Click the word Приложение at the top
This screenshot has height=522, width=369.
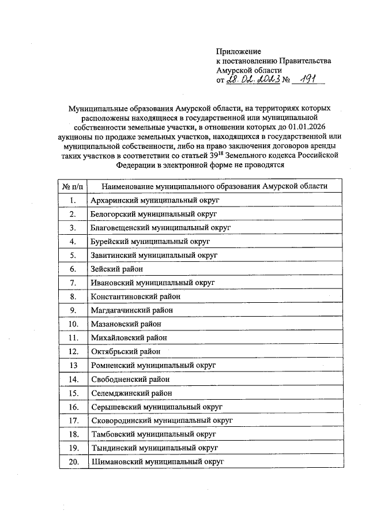point(239,52)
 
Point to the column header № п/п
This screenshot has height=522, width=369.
point(73,186)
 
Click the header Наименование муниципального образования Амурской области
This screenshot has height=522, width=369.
point(214,186)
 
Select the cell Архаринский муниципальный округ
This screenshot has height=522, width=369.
point(156,200)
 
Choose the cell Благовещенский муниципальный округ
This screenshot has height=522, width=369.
point(161,228)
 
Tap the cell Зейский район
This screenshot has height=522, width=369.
point(117,269)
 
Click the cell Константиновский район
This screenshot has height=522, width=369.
point(135,297)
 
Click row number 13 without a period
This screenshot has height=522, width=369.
point(73,366)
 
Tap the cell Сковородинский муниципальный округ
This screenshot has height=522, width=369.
point(161,421)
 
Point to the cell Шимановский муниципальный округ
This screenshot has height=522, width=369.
point(157,462)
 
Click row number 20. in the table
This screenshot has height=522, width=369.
point(73,462)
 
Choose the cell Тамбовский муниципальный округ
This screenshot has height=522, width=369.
point(154,434)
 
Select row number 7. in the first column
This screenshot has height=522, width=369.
point(73,283)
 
